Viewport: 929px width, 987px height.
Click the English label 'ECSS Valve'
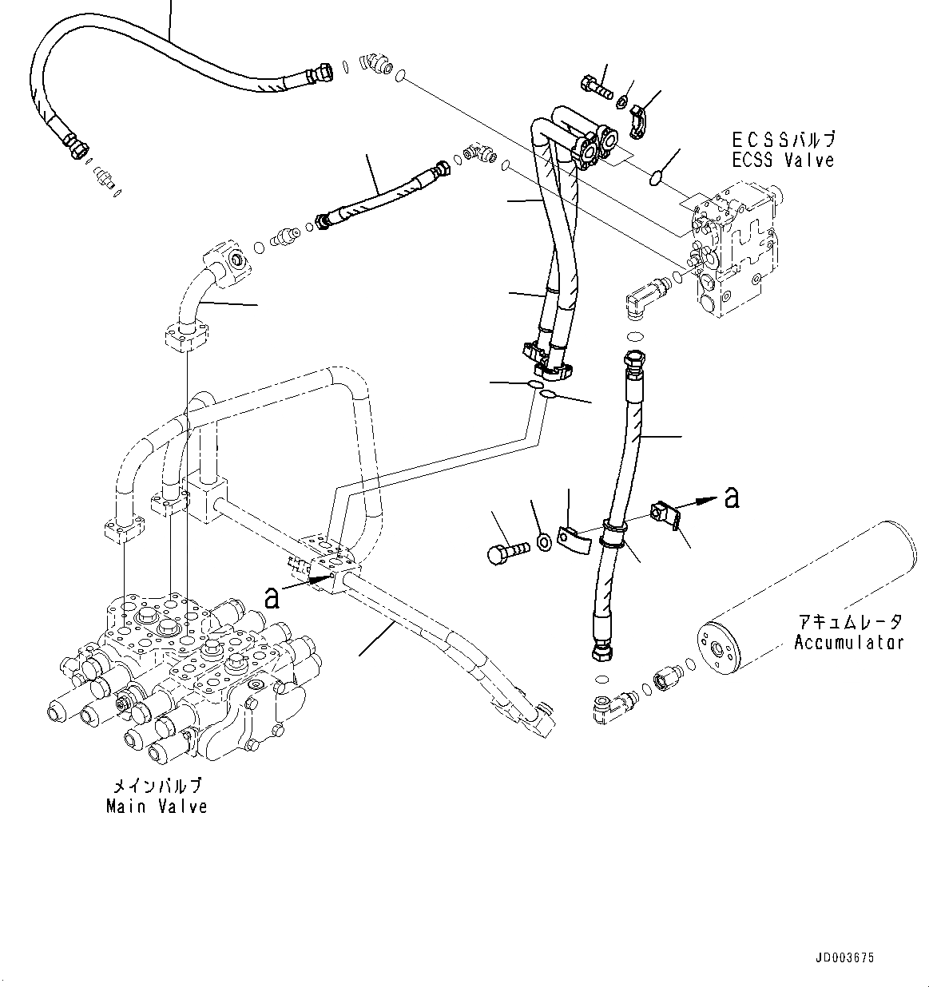coord(783,161)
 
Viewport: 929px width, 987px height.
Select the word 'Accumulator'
coord(848,642)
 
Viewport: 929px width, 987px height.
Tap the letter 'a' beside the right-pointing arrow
coord(731,497)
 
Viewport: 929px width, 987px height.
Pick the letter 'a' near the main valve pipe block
coord(272,595)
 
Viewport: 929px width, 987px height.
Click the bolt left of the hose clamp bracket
coord(507,551)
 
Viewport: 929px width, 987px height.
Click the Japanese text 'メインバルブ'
coord(157,786)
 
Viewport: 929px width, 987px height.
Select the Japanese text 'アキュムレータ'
coord(848,621)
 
